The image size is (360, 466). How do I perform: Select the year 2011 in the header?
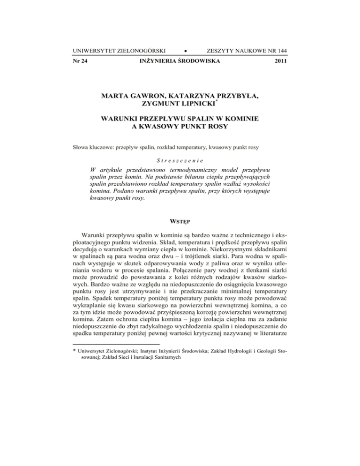click(x=279, y=61)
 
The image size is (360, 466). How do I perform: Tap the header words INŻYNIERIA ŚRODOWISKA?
click(x=180, y=61)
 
